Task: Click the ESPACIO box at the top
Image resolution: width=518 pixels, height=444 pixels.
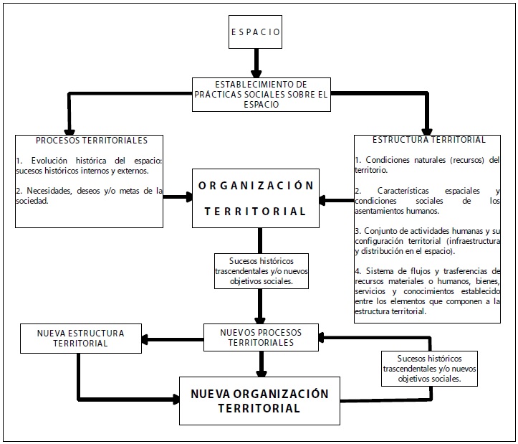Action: [x=256, y=32]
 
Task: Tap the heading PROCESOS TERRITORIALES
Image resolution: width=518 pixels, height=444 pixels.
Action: [x=92, y=140]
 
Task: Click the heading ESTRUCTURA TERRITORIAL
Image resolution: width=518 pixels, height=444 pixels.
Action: [x=430, y=140]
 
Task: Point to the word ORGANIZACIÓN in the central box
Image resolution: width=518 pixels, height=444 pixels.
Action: [x=256, y=185]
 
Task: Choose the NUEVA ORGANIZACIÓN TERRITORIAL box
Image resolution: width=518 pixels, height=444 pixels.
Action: [x=259, y=402]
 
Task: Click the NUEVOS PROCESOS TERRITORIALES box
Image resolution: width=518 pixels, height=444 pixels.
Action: [x=261, y=338]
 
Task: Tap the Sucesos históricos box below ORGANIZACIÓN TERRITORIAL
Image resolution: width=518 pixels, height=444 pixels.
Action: [x=261, y=270]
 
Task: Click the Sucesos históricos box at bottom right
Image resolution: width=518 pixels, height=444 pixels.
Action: [x=430, y=368]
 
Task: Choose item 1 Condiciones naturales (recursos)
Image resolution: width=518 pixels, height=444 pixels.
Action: [x=427, y=165]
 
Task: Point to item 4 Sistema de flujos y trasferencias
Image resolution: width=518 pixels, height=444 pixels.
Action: [x=427, y=291]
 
